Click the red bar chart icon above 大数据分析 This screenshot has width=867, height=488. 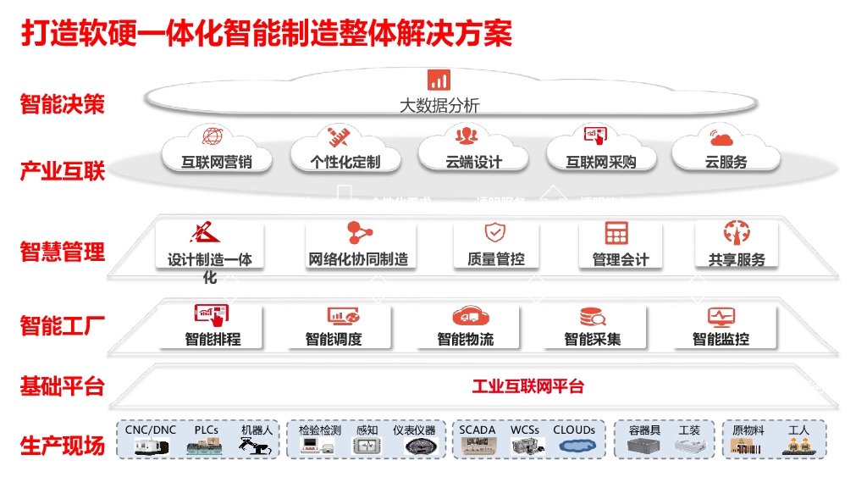tap(439, 80)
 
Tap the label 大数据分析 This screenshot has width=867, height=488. tap(439, 106)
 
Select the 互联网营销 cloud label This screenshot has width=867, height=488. tap(216, 162)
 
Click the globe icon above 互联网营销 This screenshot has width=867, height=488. tap(213, 136)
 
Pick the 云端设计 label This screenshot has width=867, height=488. tap(473, 162)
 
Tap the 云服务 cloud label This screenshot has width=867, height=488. tap(726, 162)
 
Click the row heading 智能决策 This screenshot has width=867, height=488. tap(63, 105)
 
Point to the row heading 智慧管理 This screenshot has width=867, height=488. tap(63, 252)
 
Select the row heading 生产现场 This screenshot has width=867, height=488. tap(63, 445)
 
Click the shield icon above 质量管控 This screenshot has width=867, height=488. tap(494, 233)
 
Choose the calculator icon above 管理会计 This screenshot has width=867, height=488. tap(616, 233)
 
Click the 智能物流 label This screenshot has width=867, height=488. tap(465, 340)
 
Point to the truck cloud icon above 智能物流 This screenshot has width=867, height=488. tap(472, 317)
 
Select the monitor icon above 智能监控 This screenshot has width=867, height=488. tap(721, 317)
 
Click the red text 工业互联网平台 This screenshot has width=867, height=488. tap(527, 387)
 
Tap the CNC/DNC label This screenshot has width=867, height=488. tap(151, 430)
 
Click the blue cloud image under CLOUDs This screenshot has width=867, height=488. tap(575, 448)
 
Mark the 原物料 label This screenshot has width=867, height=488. tap(748, 430)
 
